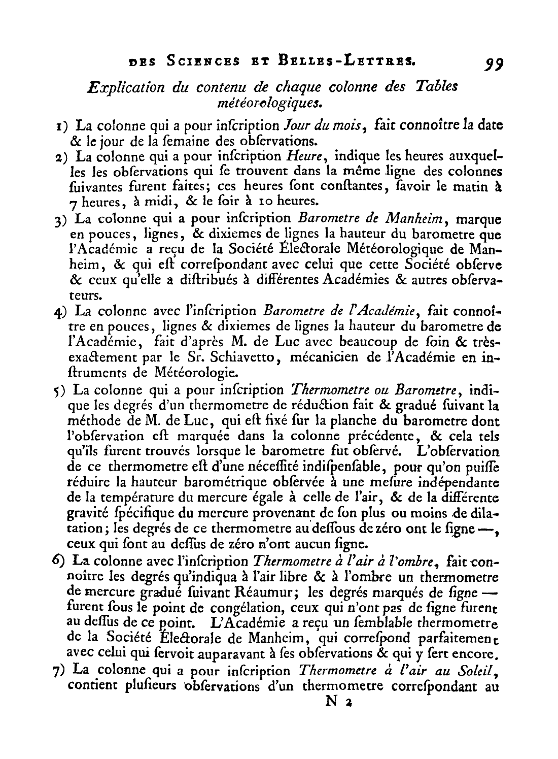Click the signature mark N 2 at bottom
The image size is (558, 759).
pos(338,702)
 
